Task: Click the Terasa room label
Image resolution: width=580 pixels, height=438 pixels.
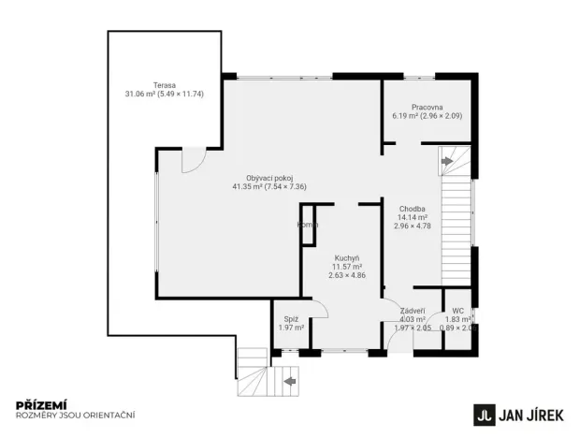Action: pos(164,84)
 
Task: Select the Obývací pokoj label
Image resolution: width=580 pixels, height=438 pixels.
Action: pos(269,178)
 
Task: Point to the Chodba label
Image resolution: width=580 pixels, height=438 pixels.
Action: pos(413,208)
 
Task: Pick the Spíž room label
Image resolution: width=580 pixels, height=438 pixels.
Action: pos(291,318)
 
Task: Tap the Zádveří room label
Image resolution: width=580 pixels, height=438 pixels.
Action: pos(413,311)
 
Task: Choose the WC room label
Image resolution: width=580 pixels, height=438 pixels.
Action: pos(457,311)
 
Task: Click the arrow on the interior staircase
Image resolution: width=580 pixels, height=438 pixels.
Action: pos(447,161)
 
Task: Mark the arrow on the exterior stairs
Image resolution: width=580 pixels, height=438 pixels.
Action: pos(290,381)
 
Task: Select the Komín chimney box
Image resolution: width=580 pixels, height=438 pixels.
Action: pos(307,225)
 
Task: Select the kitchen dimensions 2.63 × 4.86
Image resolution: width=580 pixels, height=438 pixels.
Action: pos(347,275)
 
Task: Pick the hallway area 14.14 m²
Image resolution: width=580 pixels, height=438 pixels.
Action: pos(413,217)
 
